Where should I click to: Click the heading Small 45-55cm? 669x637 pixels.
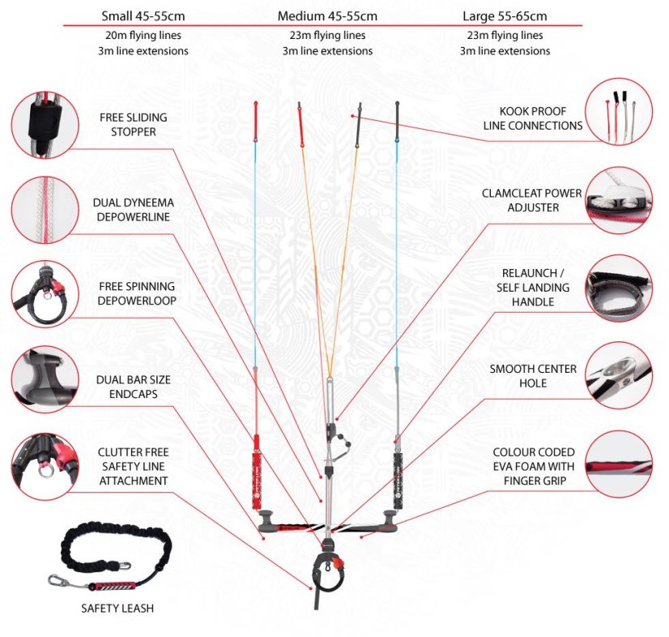[x=143, y=16]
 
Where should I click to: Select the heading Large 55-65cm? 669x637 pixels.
[x=505, y=16]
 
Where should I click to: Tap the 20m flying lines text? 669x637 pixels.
[x=143, y=35]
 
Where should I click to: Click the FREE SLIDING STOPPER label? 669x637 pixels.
[x=133, y=124]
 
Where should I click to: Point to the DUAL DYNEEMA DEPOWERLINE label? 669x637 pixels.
[x=133, y=210]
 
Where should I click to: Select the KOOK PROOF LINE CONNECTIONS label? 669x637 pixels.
[x=532, y=118]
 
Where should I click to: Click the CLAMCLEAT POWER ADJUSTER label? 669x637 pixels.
[x=532, y=200]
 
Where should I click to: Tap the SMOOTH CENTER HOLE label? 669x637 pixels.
[x=533, y=376]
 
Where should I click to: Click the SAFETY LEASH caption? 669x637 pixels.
[x=117, y=608]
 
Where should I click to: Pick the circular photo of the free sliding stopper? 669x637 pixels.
[x=45, y=125]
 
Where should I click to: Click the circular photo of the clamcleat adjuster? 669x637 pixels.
[x=619, y=200]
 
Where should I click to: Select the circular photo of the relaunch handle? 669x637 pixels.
[x=619, y=289]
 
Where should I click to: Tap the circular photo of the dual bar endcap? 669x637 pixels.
[x=45, y=379]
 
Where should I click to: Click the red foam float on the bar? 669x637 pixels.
[x=257, y=481]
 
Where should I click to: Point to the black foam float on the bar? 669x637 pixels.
[x=398, y=481]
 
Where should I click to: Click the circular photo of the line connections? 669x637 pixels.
[x=619, y=112]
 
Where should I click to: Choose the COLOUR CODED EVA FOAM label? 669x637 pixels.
[x=533, y=459]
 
